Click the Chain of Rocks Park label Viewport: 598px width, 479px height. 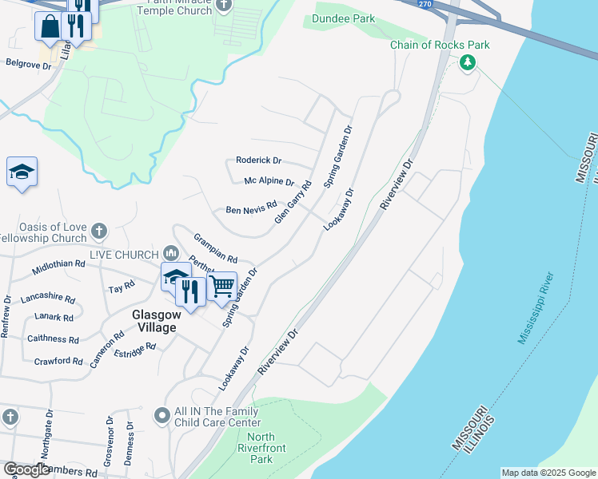click(440, 45)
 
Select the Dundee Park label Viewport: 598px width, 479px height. click(344, 18)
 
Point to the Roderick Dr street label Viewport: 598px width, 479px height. click(258, 160)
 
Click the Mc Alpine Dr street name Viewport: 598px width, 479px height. click(269, 181)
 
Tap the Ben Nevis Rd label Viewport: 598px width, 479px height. click(250, 209)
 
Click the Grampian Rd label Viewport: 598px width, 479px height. click(216, 248)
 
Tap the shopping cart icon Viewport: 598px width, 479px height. click(222, 285)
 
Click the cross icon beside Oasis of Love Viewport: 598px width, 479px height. click(98, 232)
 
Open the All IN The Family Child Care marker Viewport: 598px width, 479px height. click(161, 415)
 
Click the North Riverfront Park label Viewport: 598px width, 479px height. click(261, 448)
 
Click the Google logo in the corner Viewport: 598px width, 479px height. click(26, 469)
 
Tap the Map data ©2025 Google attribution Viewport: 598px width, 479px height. click(548, 473)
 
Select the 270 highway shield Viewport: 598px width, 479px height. click(429, 3)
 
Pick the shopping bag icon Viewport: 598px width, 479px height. click(50, 26)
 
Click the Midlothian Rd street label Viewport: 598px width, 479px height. click(58, 263)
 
